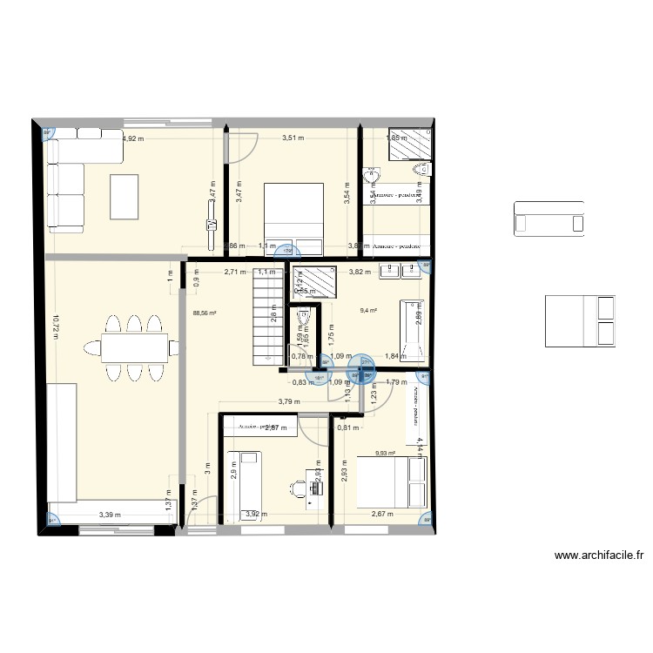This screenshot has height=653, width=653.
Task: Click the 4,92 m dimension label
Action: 133,138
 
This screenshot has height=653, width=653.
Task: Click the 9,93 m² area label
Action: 384,452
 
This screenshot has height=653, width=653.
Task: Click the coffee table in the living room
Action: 124,197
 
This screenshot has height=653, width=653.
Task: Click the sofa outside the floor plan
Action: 549,219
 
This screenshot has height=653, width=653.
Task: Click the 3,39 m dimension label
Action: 110,515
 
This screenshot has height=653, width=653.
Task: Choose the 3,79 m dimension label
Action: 288,401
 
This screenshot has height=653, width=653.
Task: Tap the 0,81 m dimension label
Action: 347,427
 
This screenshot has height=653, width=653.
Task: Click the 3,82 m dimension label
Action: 360,272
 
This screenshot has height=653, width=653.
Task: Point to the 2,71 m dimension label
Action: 234,272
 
